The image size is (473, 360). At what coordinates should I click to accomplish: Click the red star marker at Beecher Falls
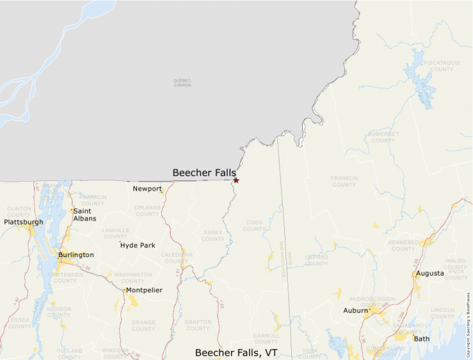coord(236,180)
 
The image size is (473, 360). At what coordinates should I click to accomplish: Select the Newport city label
coord(147,189)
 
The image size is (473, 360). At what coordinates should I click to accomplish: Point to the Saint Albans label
coord(85,215)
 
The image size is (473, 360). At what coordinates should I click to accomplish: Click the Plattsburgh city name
coord(24,222)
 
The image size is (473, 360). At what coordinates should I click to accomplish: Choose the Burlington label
coord(76,255)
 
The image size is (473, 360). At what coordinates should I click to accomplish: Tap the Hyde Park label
coord(138,245)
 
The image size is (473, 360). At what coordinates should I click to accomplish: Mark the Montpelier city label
coord(143,290)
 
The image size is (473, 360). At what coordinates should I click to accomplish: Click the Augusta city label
coord(429,274)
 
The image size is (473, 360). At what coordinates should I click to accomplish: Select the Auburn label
coord(355,310)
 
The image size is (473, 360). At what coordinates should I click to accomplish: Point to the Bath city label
coord(421,339)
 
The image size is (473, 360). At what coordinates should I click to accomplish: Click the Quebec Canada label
coord(182,82)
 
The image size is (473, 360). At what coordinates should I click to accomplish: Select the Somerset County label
coord(383,137)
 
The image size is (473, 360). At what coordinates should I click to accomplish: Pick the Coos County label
coord(254,225)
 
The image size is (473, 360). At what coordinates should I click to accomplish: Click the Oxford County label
coord(316,260)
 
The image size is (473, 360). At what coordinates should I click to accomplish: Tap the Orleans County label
coord(147,210)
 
